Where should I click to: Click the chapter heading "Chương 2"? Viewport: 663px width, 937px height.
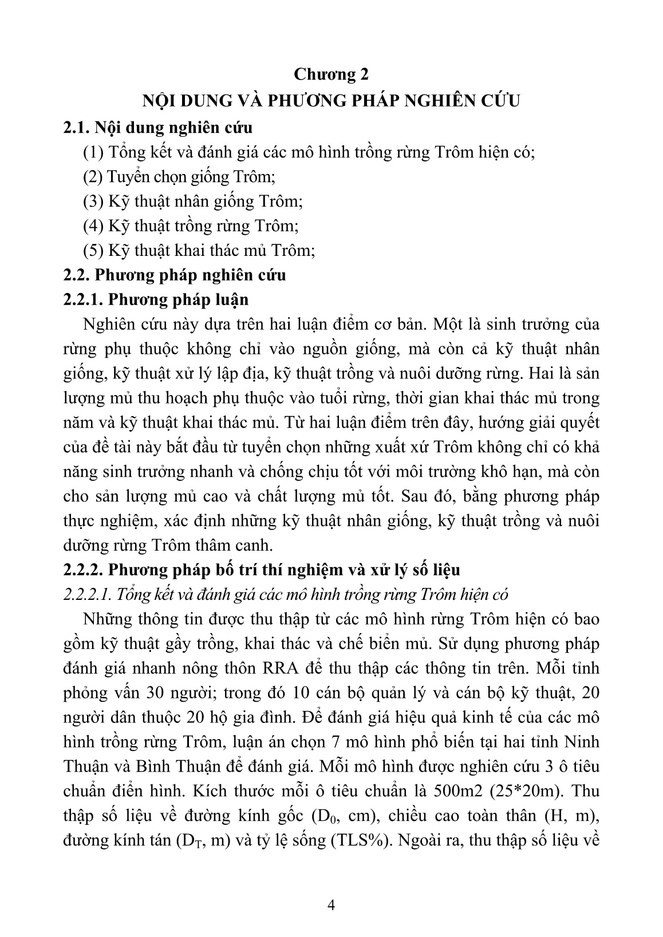pos(331,74)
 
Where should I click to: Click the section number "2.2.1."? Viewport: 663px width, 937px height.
pos(82,300)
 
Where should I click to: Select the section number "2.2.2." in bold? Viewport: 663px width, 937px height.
pos(82,570)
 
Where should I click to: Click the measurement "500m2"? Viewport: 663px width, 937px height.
pos(460,792)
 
